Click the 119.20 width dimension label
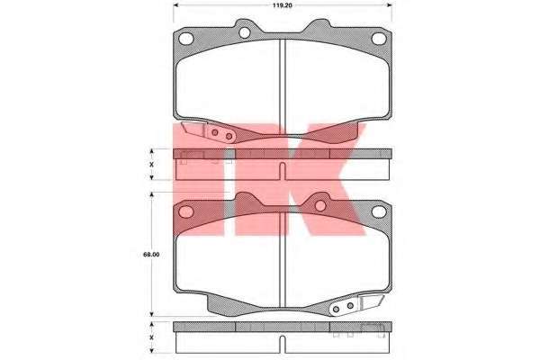point(283,5)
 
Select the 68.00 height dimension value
point(151,255)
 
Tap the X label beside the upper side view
point(151,165)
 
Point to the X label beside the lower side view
point(151,337)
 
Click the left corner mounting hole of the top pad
point(186,39)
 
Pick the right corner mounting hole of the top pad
point(379,39)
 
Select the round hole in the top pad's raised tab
point(244,32)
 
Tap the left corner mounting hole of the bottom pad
point(186,211)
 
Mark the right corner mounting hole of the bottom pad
point(379,211)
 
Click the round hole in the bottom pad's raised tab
point(320,206)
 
